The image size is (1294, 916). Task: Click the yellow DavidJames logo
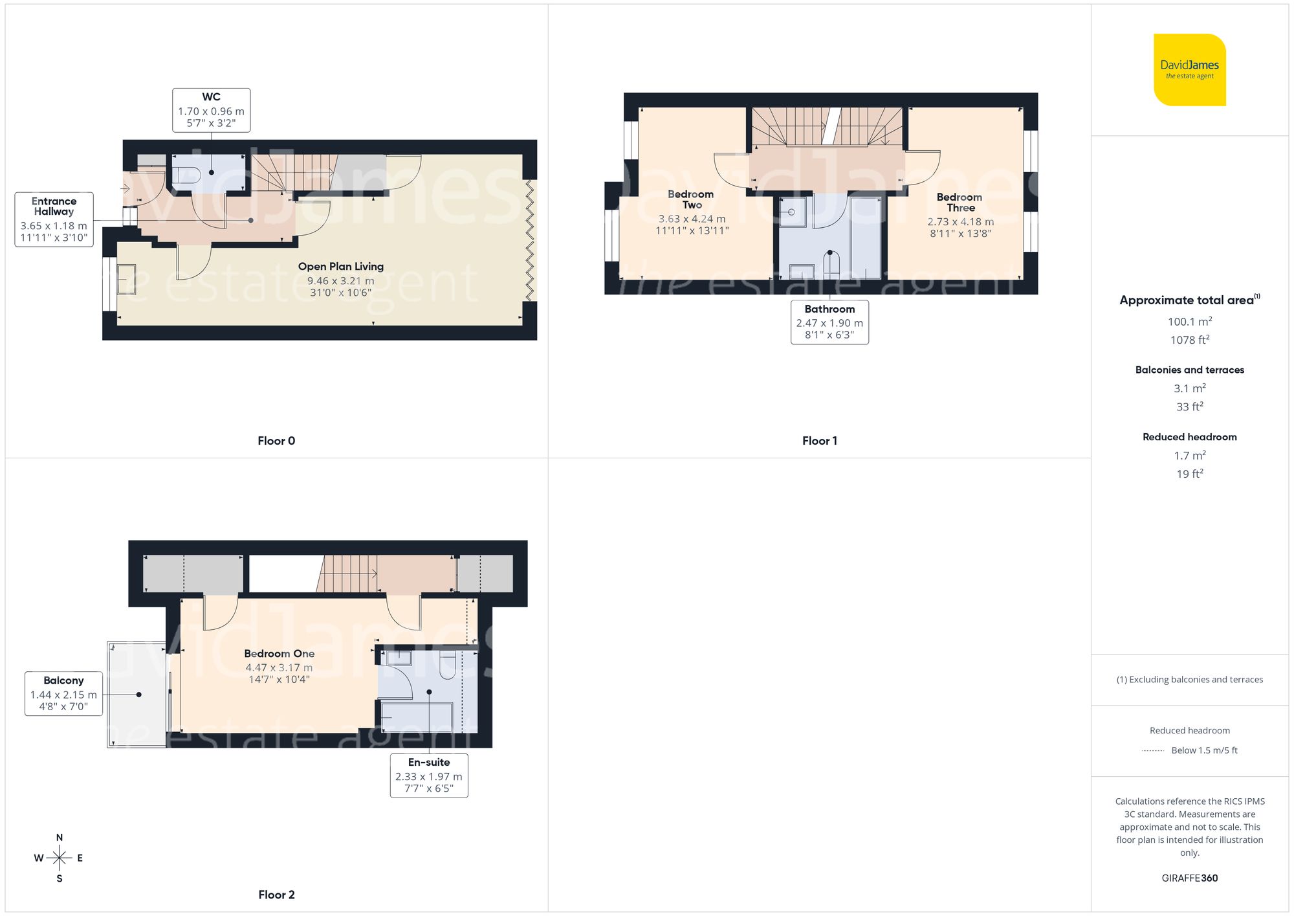[1189, 70]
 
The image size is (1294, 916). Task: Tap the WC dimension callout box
[211, 111]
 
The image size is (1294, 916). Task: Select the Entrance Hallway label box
[54, 219]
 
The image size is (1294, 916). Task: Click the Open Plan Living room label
[340, 267]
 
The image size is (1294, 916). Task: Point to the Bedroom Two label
[691, 199]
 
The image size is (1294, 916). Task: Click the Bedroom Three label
[960, 203]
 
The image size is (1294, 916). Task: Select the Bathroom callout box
[829, 322]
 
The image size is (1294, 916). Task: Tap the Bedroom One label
[279, 654]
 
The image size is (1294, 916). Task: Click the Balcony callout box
[63, 693]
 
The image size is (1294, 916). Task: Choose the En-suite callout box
[428, 775]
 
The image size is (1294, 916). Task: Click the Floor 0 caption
[276, 441]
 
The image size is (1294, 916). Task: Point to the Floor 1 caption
[819, 441]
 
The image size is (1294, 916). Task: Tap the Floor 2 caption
[276, 895]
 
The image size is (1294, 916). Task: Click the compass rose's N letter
[60, 838]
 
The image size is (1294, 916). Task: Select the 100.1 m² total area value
[1189, 322]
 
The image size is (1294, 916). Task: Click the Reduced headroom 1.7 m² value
[1189, 456]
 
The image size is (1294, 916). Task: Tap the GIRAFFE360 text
[1189, 878]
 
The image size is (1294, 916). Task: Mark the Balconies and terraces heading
[1189, 370]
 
